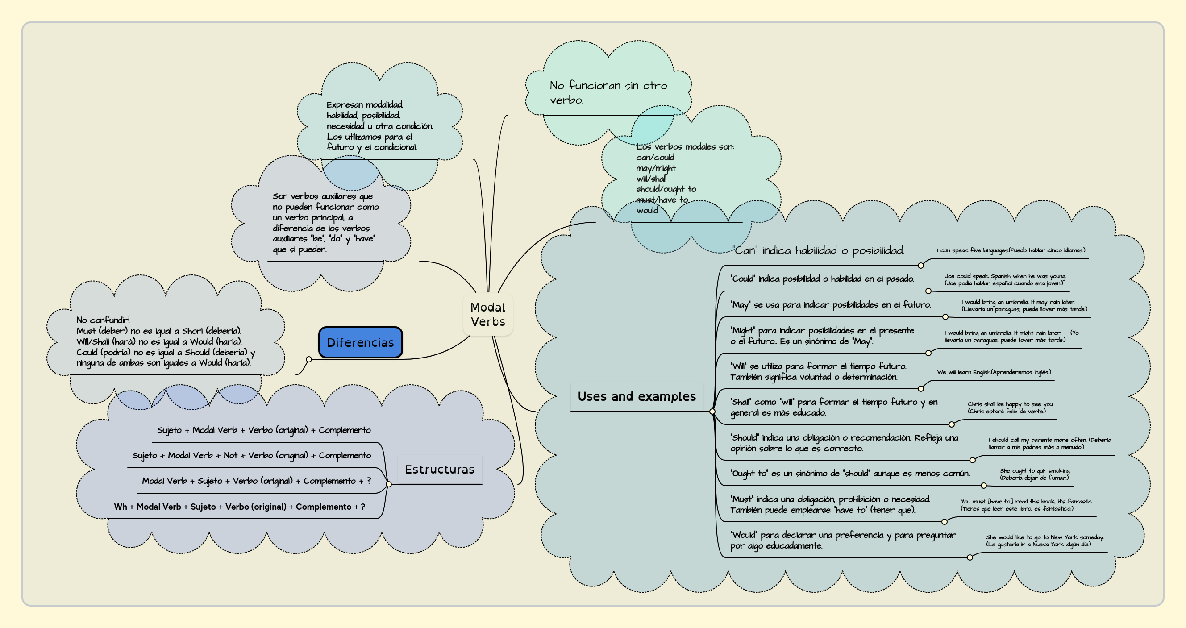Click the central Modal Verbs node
pyautogui.click(x=487, y=315)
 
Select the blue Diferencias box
pyautogui.click(x=360, y=342)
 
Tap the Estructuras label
pyautogui.click(x=439, y=469)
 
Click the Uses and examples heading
pyautogui.click(x=636, y=396)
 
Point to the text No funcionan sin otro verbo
pyautogui.click(x=608, y=92)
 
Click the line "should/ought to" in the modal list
pyautogui.click(x=666, y=189)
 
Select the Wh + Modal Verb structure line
pyautogui.click(x=239, y=507)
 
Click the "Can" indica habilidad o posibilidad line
pyautogui.click(x=818, y=250)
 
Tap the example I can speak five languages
pyautogui.click(x=1011, y=250)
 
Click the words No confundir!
pyautogui.click(x=103, y=320)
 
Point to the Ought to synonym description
pyautogui.click(x=849, y=473)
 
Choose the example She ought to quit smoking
pyautogui.click(x=1035, y=474)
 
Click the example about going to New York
pyautogui.click(x=1044, y=541)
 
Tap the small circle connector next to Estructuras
pyautogui.click(x=389, y=484)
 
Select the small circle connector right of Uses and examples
pyautogui.click(x=712, y=412)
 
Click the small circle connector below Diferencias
pyautogui.click(x=309, y=360)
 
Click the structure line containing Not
pyautogui.click(x=251, y=455)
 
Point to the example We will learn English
pyautogui.click(x=994, y=372)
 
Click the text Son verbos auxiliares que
pyautogui.click(x=322, y=196)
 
